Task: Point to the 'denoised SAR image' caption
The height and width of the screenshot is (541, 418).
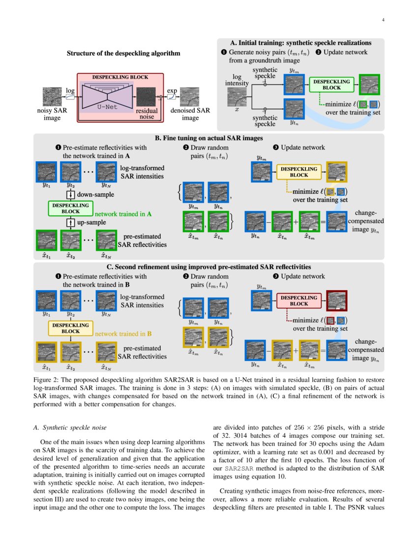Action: (x=190, y=114)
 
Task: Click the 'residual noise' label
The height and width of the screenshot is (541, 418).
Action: (x=147, y=114)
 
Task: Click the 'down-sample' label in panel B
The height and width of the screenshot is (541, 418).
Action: (x=96, y=194)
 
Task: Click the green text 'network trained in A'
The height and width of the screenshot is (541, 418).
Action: (x=123, y=214)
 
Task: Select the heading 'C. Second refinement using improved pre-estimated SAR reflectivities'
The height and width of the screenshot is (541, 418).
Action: (x=209, y=267)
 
